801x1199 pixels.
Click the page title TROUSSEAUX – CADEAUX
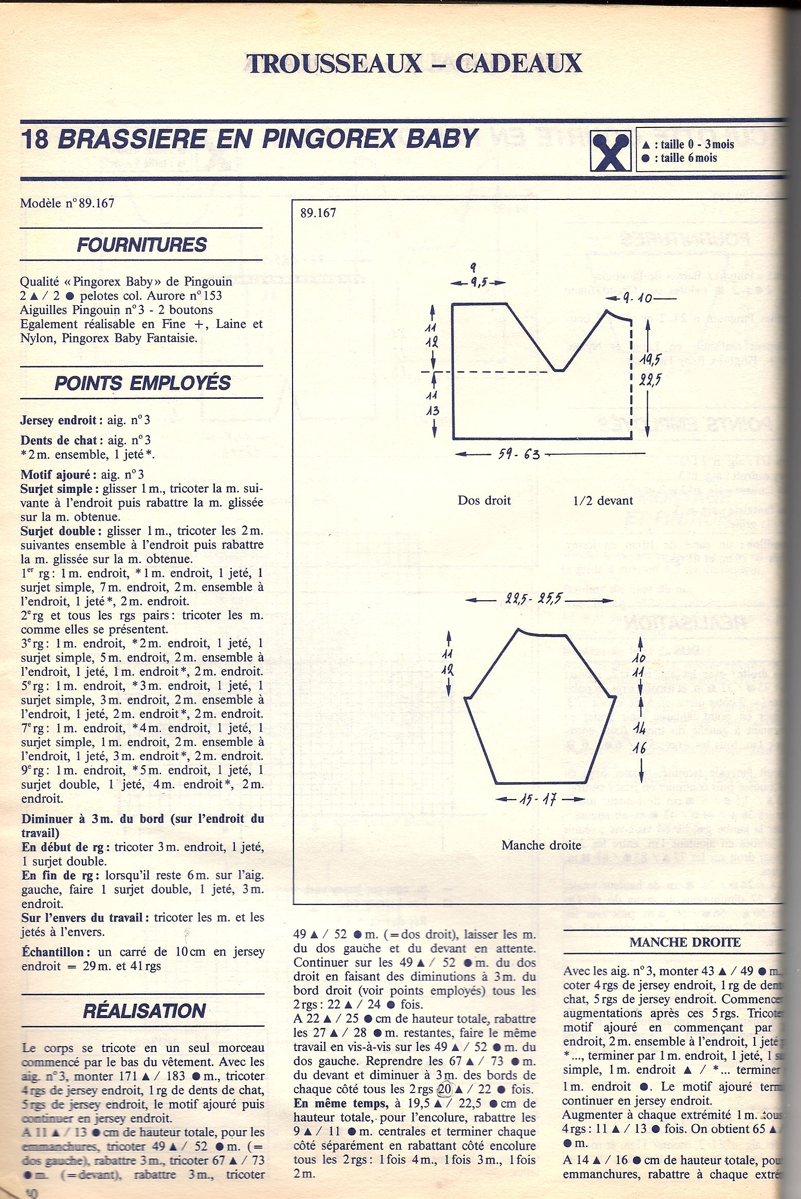(x=414, y=64)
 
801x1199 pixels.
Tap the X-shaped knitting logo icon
(x=610, y=151)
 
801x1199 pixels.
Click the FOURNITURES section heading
(x=141, y=245)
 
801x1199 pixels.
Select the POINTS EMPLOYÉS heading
(x=142, y=383)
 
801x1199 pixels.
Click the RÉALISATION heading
(x=144, y=1011)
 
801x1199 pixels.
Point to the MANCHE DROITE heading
(x=685, y=942)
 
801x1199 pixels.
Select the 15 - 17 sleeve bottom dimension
(x=540, y=800)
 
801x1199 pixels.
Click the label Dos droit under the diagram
(x=484, y=501)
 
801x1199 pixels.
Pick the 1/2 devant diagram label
(x=603, y=501)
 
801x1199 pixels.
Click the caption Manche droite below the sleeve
(x=541, y=845)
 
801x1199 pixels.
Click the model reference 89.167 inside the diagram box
(x=318, y=213)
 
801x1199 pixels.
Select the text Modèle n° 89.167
(x=67, y=203)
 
